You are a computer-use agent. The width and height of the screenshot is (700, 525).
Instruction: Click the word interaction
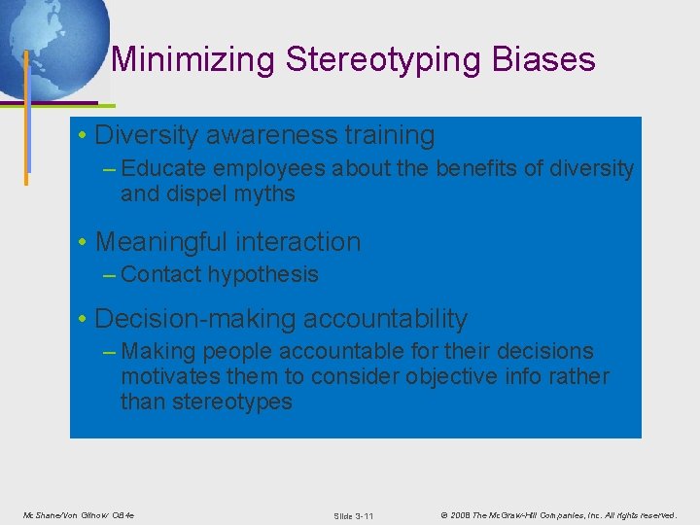(x=306, y=242)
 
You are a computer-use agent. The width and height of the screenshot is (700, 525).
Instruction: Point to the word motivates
(x=166, y=376)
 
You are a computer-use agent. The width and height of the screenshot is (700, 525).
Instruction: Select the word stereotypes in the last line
(x=232, y=402)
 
